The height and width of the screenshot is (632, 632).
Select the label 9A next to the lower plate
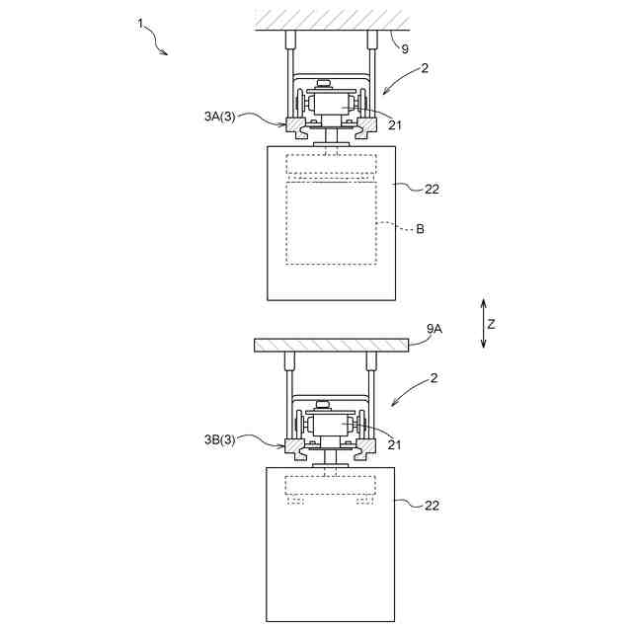click(x=434, y=329)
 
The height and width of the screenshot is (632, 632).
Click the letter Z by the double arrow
click(x=491, y=323)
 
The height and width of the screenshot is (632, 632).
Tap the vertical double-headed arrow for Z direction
click(x=483, y=323)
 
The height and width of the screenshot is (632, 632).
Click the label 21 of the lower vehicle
click(x=395, y=445)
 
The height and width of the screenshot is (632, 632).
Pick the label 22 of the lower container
click(x=432, y=506)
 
